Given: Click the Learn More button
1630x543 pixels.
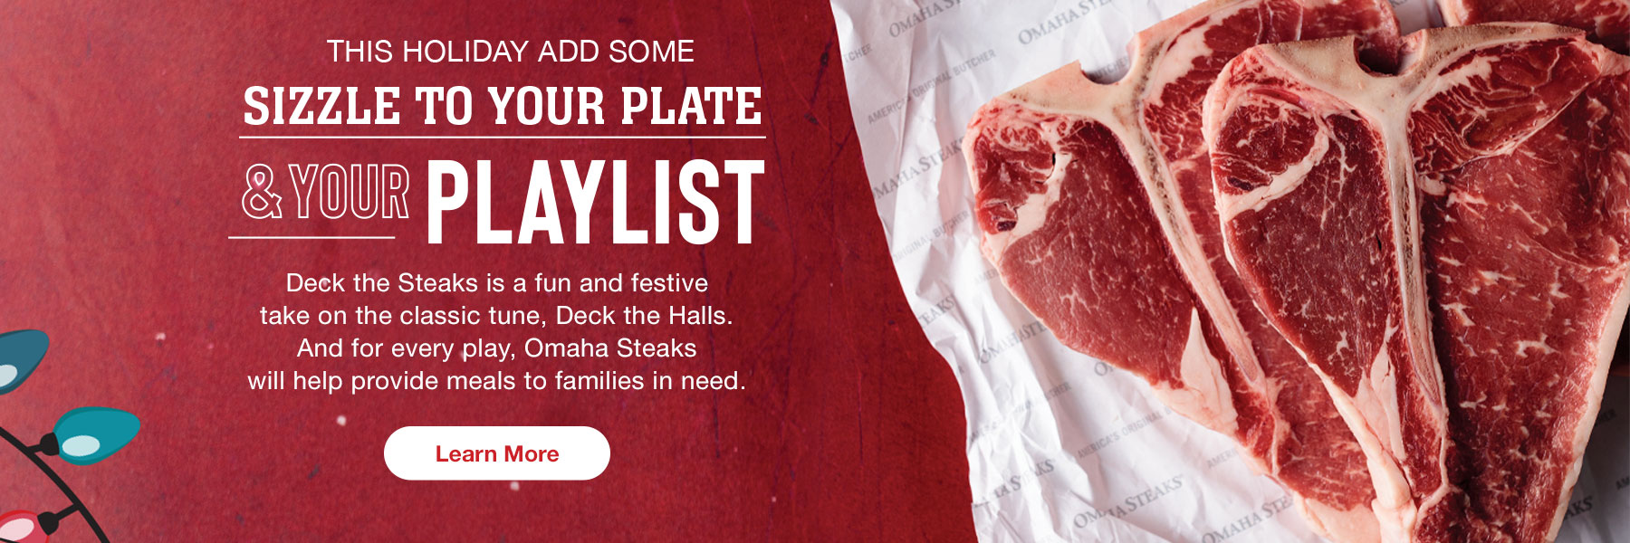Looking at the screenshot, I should [496, 453].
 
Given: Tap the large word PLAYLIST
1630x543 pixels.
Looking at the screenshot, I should [595, 203].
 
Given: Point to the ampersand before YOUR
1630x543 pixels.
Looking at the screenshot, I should [262, 193].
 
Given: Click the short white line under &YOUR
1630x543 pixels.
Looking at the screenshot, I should [312, 237].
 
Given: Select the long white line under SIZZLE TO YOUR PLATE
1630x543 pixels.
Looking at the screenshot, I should [503, 138].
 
